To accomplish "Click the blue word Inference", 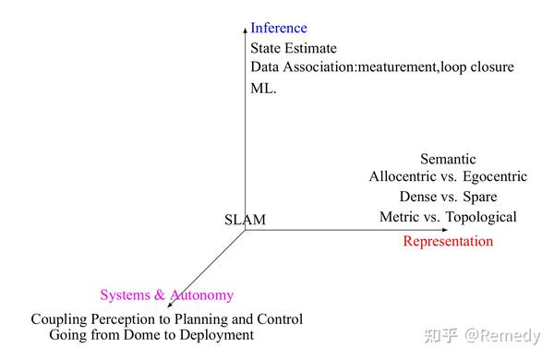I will click(x=279, y=28).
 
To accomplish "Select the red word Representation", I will click(x=448, y=241).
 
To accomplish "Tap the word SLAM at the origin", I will click(x=245, y=220).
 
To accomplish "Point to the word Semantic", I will click(x=448, y=159).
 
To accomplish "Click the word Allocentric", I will click(x=403, y=176).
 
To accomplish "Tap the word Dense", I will click(x=418, y=197).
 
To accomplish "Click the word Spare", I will click(x=479, y=197).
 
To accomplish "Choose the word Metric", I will click(x=400, y=217).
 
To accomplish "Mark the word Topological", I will click(x=478, y=217).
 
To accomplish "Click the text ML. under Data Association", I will click(x=263, y=89).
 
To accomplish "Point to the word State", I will click(x=268, y=48).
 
